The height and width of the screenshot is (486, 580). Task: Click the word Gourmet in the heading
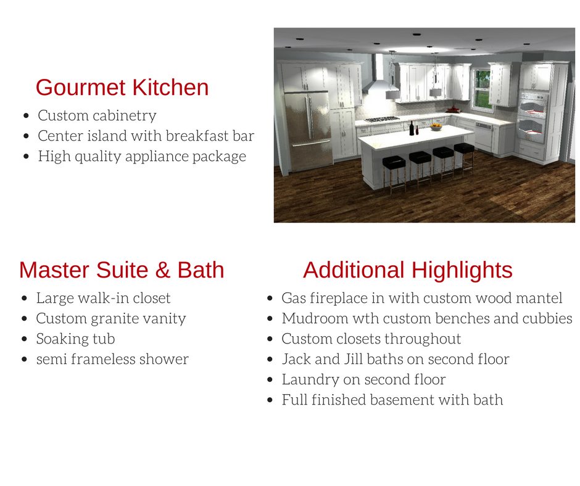(81, 88)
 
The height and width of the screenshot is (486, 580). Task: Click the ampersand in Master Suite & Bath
(163, 270)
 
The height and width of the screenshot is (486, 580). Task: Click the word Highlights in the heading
(462, 270)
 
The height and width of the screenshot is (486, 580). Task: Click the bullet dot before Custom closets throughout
(270, 339)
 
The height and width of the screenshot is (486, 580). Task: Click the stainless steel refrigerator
(308, 131)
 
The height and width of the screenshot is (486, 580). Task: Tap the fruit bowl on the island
(436, 127)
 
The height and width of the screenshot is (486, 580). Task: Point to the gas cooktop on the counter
(382, 119)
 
